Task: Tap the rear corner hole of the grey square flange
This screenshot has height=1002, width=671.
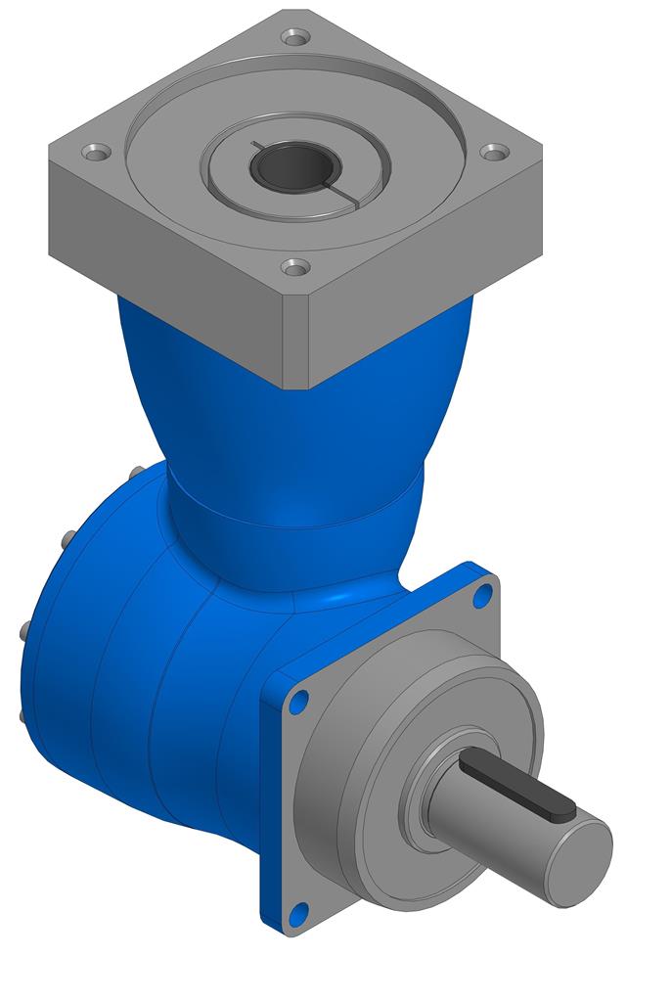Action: pyautogui.click(x=294, y=37)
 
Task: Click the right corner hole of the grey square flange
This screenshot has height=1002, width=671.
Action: pyautogui.click(x=496, y=153)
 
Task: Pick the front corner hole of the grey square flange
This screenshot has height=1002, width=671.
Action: pyautogui.click(x=294, y=266)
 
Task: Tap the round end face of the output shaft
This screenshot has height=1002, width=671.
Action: pyautogui.click(x=579, y=861)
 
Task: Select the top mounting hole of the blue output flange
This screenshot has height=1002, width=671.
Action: pyautogui.click(x=483, y=594)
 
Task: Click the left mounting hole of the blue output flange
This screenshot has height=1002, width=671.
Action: pyautogui.click(x=299, y=701)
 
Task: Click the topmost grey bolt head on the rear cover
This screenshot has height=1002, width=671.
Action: pyautogui.click(x=135, y=476)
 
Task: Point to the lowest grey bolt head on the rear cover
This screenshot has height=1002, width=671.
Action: pyautogui.click(x=22, y=715)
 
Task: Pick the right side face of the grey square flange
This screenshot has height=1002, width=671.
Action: pyautogui.click(x=421, y=284)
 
